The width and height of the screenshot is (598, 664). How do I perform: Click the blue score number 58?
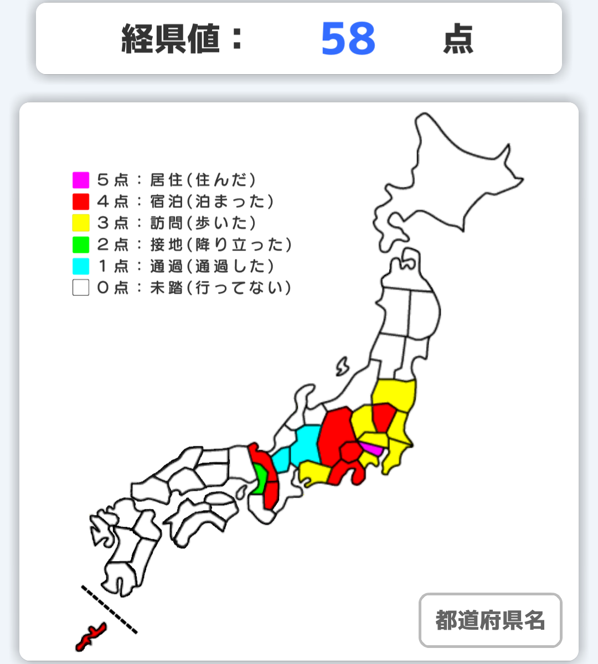[x=348, y=39]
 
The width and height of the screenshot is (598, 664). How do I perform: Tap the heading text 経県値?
[x=171, y=39]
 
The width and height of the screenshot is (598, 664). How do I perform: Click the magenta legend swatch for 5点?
[x=81, y=180]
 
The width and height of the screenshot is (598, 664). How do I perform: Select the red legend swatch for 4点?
[x=81, y=201]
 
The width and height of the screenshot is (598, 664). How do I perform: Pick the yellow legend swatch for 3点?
[x=81, y=223]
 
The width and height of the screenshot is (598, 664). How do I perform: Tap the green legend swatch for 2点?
[x=81, y=245]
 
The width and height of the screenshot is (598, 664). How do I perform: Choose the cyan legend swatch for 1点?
[x=81, y=266]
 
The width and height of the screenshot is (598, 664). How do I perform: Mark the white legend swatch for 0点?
[x=81, y=288]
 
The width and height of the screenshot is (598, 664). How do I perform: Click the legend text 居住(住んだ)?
[x=203, y=180]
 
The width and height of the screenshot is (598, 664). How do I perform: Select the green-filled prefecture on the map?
[x=259, y=479]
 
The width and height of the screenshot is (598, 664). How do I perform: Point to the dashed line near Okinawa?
[x=109, y=609]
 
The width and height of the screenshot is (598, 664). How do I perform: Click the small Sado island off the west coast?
[x=342, y=366]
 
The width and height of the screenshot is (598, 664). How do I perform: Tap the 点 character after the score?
[x=458, y=39]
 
